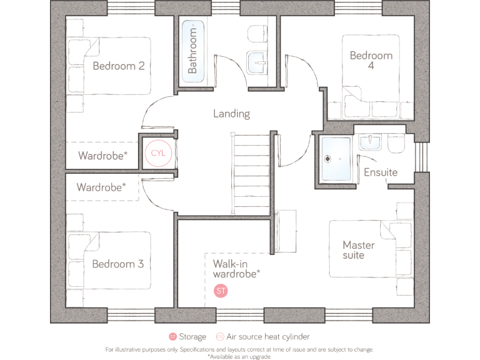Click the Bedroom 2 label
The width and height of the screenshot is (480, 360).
(x=119, y=66)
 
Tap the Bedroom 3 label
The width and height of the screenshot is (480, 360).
(x=118, y=264)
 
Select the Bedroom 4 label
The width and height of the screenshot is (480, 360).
(x=371, y=61)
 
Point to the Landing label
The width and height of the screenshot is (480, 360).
(x=231, y=114)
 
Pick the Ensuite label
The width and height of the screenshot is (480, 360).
(x=380, y=172)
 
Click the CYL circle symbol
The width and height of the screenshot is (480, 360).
(x=156, y=152)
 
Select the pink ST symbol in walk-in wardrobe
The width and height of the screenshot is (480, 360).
(x=221, y=291)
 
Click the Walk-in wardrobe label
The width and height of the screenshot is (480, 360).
(x=236, y=269)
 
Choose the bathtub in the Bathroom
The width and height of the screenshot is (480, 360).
(x=191, y=51)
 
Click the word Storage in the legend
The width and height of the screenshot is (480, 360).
(x=192, y=337)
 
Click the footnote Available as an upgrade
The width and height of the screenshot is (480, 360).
(x=239, y=357)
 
